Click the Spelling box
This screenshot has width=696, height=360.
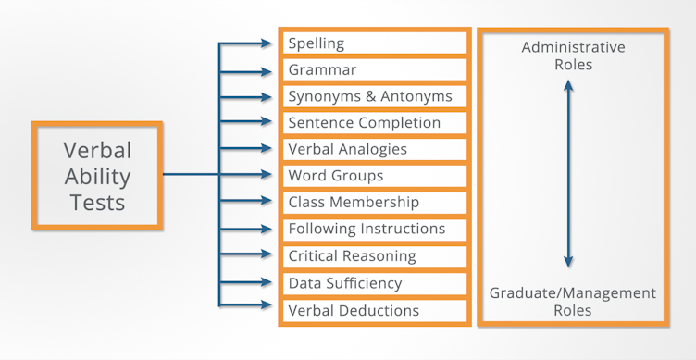[375, 43]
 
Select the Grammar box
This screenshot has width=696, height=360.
[375, 70]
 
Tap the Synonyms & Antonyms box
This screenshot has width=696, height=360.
[375, 96]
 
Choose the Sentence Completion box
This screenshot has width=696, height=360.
[375, 123]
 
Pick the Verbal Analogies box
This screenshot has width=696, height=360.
[375, 149]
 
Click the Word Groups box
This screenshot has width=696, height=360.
[375, 176]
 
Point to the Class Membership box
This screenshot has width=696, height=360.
[375, 202]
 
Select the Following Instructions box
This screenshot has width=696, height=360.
[375, 229]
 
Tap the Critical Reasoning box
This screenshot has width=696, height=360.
[375, 255]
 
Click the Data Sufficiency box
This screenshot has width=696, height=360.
[375, 283]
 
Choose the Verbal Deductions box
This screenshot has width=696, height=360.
[375, 310]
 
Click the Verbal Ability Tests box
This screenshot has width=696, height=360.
[97, 175]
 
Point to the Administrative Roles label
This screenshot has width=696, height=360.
[573, 56]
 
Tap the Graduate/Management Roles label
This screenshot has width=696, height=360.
[573, 302]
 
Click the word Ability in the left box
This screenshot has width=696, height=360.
[97, 176]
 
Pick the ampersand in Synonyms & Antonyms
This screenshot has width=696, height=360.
[380, 96]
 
